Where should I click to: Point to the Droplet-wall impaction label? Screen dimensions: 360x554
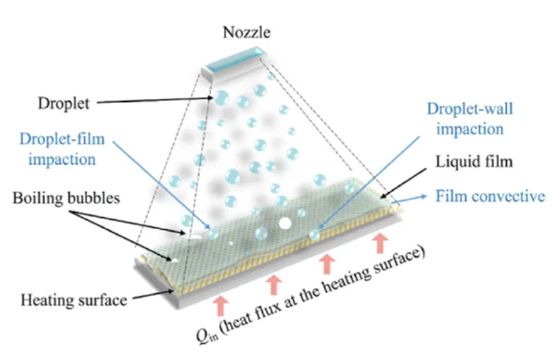point(464,119)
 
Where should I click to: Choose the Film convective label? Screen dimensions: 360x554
point(490,197)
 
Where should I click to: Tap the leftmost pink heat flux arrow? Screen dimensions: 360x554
point(220,306)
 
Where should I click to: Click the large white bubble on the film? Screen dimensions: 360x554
point(286,221)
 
